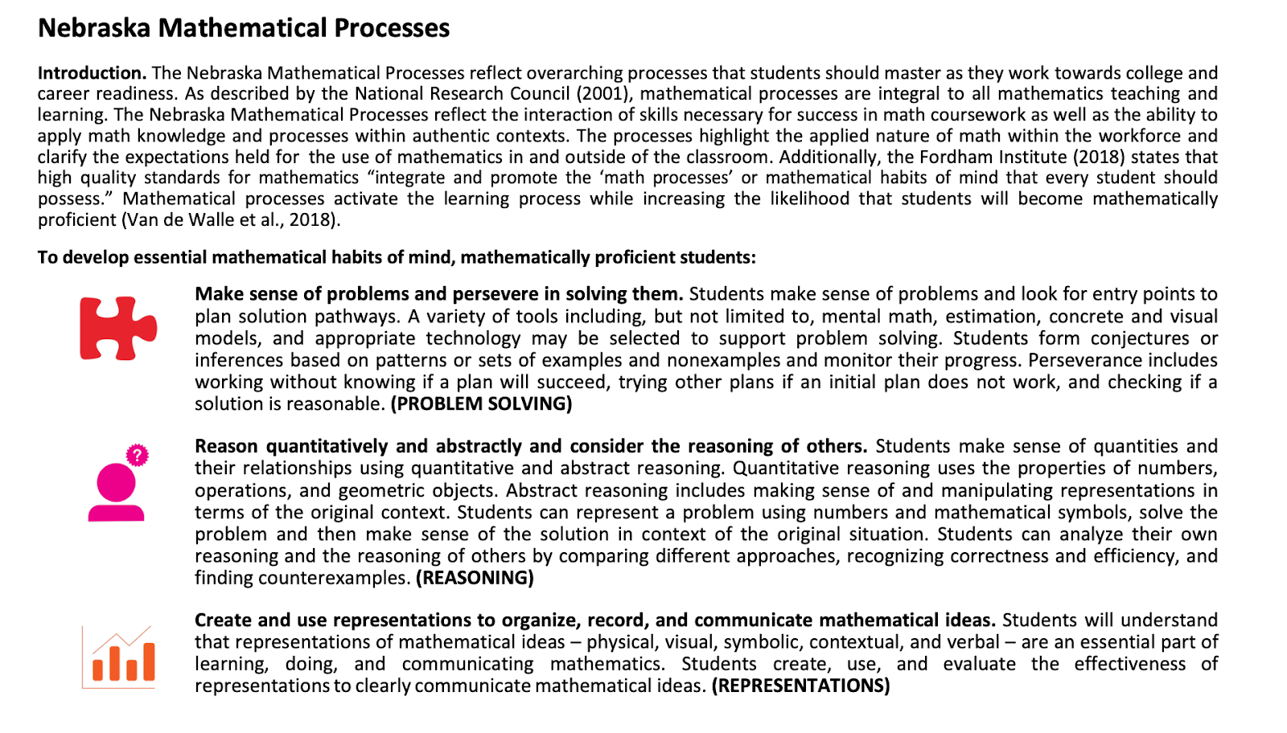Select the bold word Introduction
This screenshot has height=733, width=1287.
(92, 73)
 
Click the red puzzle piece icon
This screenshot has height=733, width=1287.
(117, 328)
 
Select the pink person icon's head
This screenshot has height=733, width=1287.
(116, 482)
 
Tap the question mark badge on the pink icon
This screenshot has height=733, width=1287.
(138, 456)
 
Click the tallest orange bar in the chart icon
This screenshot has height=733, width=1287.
(148, 661)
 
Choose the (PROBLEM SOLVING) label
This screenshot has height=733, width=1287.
(481, 403)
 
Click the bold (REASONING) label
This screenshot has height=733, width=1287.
(475, 578)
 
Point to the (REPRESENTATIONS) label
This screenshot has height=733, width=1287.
(800, 686)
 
